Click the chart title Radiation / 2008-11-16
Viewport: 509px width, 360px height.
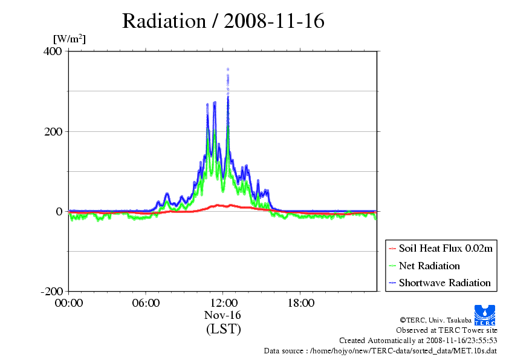[x=223, y=21]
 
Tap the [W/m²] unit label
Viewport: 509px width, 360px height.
[x=70, y=39]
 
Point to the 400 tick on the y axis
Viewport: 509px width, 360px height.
[x=53, y=51]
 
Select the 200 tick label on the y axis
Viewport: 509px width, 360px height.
[x=53, y=131]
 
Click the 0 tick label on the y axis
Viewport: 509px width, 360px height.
[x=59, y=212]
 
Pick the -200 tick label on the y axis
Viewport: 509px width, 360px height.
[x=51, y=291]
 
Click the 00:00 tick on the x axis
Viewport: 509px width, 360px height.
[x=69, y=303]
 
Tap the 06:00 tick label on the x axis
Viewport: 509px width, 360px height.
[x=146, y=303]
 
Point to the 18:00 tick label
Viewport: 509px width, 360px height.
[x=301, y=303]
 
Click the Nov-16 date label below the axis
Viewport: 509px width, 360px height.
[x=222, y=315]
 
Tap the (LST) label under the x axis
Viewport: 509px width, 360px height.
[x=223, y=329]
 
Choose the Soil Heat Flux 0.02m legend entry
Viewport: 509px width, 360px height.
[x=441, y=249]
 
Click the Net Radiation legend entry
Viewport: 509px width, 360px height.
[x=424, y=266]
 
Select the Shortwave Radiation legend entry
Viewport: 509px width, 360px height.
[x=440, y=283]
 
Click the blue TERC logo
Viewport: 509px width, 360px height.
[x=485, y=315]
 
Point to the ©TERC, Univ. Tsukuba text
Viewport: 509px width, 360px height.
[x=436, y=320]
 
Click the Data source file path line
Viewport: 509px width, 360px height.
[x=380, y=351]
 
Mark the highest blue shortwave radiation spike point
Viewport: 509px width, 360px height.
[x=228, y=69]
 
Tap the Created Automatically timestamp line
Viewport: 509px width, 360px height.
[x=418, y=341]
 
